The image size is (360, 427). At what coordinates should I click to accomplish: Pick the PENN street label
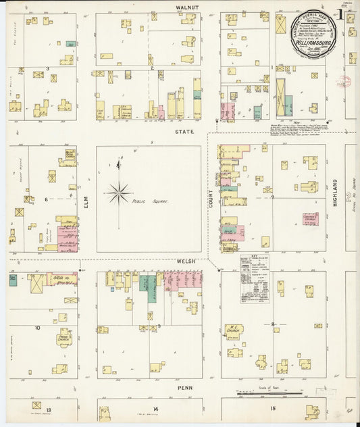pos(185,388)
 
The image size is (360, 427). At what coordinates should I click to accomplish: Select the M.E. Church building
pos(234,330)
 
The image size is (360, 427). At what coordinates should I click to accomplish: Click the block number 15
pos(273,409)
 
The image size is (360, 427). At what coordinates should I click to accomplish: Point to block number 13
pos(49,409)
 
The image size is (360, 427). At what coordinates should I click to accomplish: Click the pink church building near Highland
pos(310,218)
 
